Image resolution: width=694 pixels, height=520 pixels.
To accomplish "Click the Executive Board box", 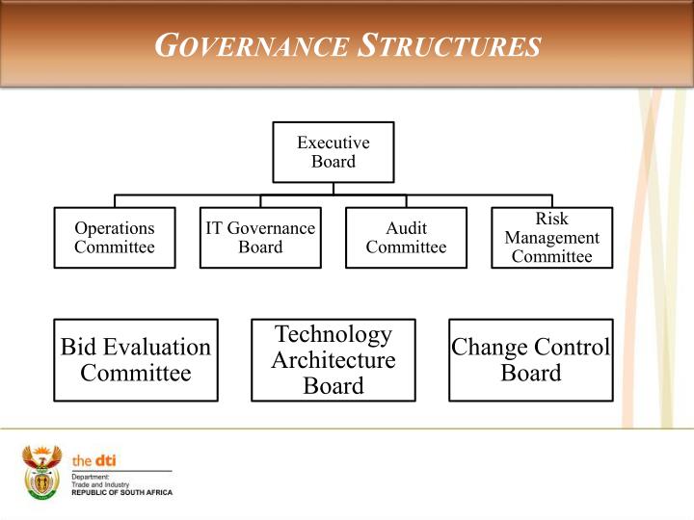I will click(333, 152).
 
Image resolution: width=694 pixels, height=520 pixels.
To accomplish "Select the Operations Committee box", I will click(115, 238).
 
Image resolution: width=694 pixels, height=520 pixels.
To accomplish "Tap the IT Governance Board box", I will click(260, 238).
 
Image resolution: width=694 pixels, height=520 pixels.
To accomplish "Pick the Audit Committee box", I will click(406, 238).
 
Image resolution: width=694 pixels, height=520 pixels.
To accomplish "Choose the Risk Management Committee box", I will click(551, 238).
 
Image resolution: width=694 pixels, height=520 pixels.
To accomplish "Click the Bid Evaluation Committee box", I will click(136, 360).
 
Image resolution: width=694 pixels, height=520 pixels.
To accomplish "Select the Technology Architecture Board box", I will click(334, 360).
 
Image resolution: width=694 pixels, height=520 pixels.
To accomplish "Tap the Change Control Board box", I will click(530, 360).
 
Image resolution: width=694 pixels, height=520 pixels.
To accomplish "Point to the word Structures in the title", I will click(448, 45).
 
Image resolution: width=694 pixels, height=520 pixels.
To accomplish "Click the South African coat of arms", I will click(41, 472).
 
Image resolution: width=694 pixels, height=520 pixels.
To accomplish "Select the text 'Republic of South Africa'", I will click(122, 492).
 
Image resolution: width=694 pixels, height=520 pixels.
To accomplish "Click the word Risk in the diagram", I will click(551, 220).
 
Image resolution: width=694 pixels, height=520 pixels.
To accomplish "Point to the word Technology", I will click(334, 334).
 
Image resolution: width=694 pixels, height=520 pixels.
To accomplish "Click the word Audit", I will click(406, 229).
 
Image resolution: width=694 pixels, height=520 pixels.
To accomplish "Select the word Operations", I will click(115, 229).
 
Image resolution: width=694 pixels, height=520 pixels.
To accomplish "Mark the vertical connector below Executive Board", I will click(333, 189).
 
